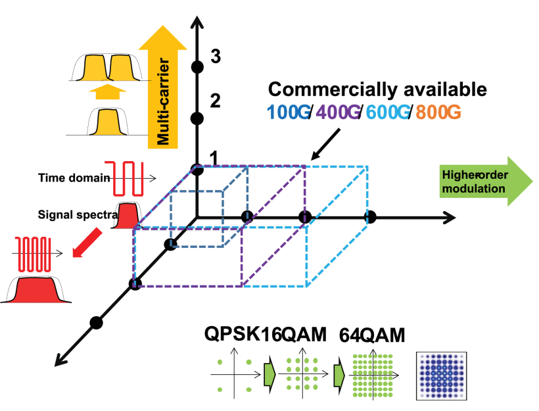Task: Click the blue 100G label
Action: [x=289, y=112]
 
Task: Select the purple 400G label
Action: [x=338, y=112]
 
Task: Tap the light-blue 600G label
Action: [x=387, y=112]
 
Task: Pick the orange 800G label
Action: [x=438, y=112]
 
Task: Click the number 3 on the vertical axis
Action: [x=216, y=57]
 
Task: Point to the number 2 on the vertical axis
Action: [x=215, y=101]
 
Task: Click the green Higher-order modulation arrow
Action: [x=486, y=181]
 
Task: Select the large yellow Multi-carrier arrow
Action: [x=162, y=87]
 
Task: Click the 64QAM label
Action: [x=372, y=335]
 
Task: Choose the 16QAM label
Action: [x=293, y=334]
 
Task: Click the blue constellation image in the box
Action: [x=441, y=376]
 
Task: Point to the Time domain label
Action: [x=74, y=178]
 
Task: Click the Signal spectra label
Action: [x=78, y=215]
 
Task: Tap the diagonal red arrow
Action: [x=87, y=243]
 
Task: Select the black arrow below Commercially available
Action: [x=325, y=144]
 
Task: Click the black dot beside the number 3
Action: [x=197, y=66]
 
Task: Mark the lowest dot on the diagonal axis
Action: [x=96, y=323]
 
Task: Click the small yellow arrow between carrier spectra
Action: [x=108, y=91]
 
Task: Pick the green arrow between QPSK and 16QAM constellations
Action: [x=269, y=374]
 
